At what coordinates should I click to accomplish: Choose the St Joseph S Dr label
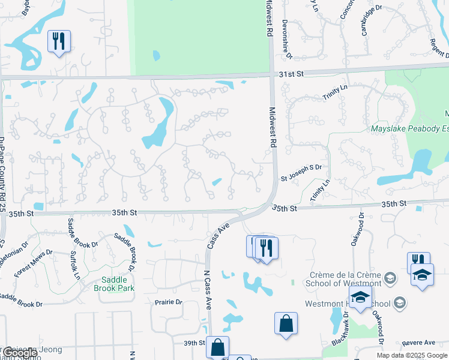click(x=301, y=172)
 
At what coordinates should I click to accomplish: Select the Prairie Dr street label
click(x=168, y=302)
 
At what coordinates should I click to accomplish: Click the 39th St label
click(x=194, y=343)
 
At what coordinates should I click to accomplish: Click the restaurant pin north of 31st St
click(x=59, y=42)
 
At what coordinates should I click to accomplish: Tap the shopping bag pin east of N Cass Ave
click(x=286, y=323)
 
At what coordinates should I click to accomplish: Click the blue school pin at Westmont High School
click(x=360, y=298)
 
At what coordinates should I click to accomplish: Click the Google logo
click(x=20, y=353)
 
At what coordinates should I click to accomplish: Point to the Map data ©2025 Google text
click(x=412, y=355)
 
